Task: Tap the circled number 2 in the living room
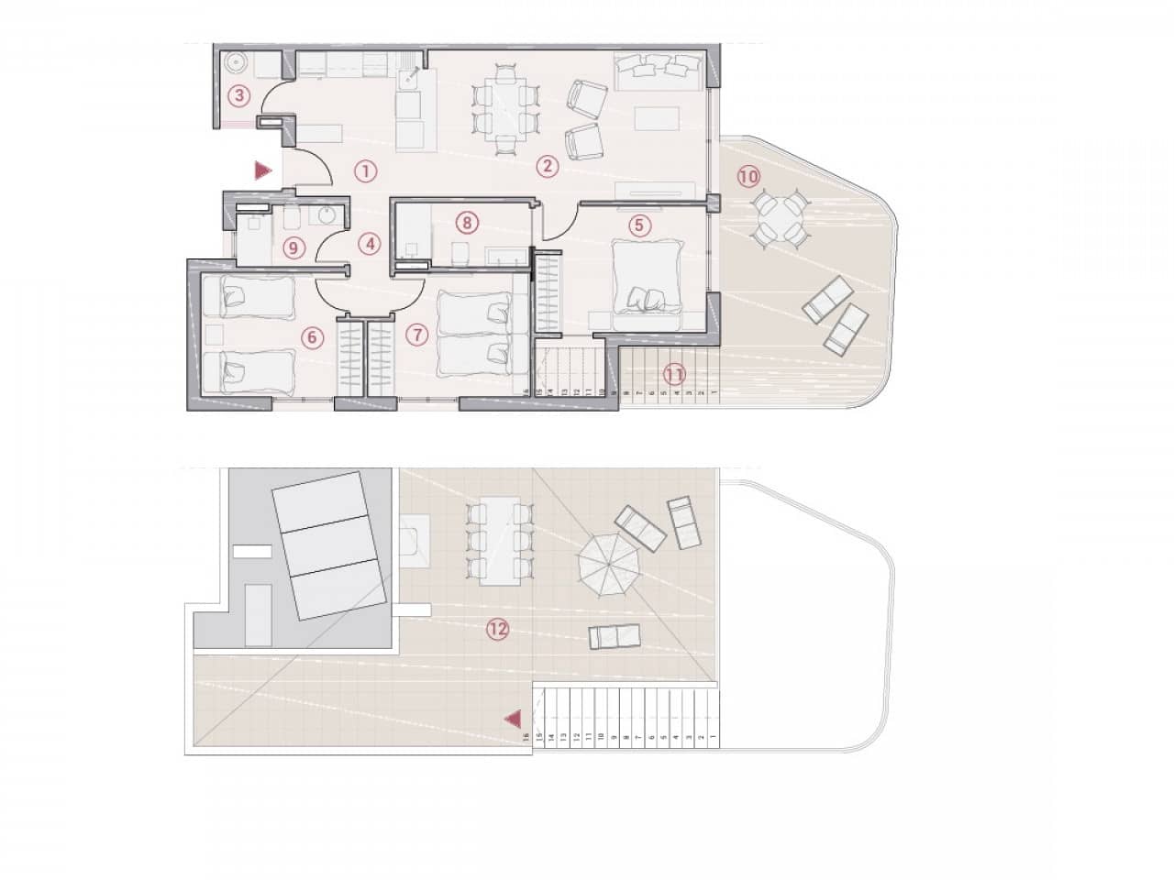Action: (x=547, y=166)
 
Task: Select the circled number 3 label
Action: (x=238, y=93)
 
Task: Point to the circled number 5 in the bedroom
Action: (x=639, y=223)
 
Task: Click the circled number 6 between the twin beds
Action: (x=313, y=337)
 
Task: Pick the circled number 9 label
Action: (x=293, y=246)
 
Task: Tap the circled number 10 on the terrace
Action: (x=748, y=175)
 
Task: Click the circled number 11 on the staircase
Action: (x=674, y=373)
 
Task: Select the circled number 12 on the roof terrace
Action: (x=497, y=628)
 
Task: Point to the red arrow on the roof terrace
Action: (x=515, y=720)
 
